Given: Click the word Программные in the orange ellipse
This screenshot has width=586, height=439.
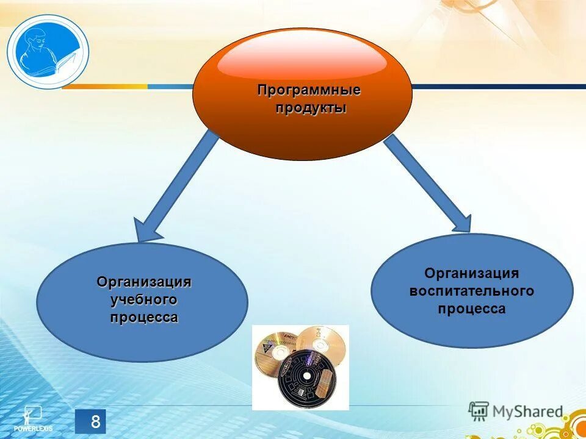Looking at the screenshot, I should [309, 91].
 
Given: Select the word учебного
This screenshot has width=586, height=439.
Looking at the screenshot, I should [143, 300].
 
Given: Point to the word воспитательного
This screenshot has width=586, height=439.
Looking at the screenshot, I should [471, 291].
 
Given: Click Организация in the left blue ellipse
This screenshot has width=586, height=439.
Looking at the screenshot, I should [143, 282].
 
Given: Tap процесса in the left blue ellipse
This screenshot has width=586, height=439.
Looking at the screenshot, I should [143, 318].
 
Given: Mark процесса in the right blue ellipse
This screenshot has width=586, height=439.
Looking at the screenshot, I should [471, 309].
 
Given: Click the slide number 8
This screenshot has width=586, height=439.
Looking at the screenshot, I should [95, 421].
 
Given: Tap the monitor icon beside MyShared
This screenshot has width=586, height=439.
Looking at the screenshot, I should [479, 411].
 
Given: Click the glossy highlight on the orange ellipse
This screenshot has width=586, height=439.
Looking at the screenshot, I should [302, 58].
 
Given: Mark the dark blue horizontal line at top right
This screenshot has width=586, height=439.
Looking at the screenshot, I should [497, 87].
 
